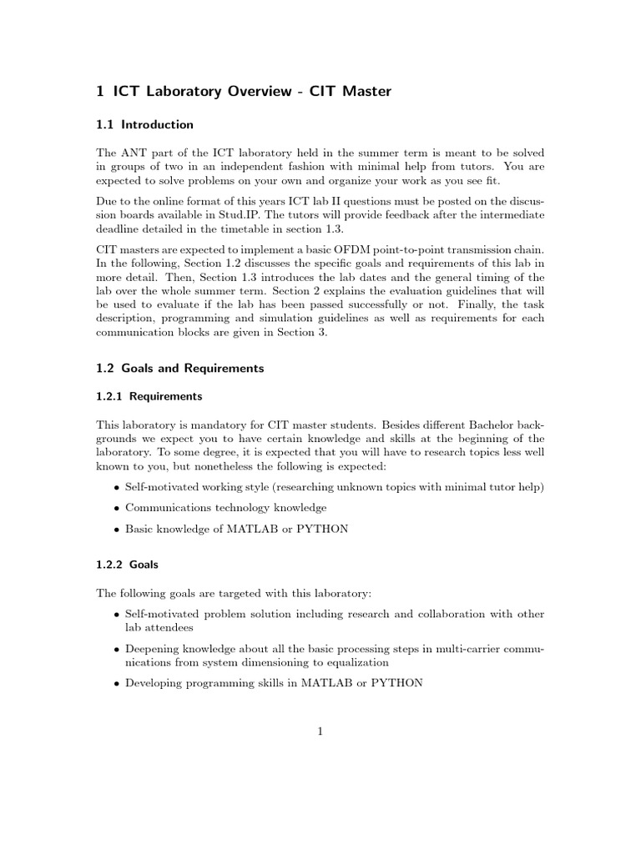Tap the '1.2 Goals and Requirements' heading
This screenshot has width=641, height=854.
pyautogui.click(x=180, y=368)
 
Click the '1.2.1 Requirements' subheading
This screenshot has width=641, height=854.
pyautogui.click(x=149, y=396)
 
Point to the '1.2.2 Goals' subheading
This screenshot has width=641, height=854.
pyautogui.click(x=127, y=564)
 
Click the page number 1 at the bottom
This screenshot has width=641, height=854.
pyautogui.click(x=320, y=732)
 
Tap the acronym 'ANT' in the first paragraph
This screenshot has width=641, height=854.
pyautogui.click(x=134, y=153)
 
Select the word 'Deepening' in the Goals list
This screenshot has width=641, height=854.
pyautogui.click(x=151, y=648)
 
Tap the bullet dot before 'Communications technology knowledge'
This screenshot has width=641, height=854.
pyautogui.click(x=114, y=507)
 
